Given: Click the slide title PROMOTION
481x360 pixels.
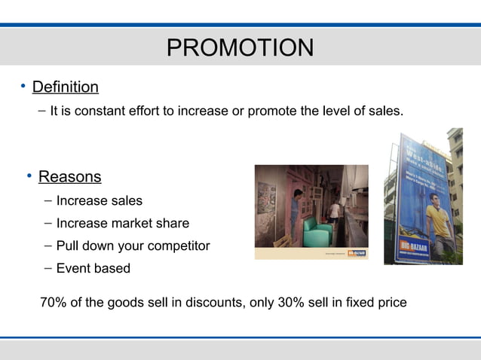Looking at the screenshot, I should tap(240, 48).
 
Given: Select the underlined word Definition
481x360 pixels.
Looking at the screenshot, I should tap(66, 87).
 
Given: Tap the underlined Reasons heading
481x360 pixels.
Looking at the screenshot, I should tap(69, 177).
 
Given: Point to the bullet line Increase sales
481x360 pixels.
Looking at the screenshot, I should tap(99, 201).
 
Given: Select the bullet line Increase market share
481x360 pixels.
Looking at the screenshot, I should tap(122, 224).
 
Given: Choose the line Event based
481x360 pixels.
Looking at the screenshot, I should tap(93, 269).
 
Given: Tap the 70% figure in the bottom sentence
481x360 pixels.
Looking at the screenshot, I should tap(54, 303).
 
